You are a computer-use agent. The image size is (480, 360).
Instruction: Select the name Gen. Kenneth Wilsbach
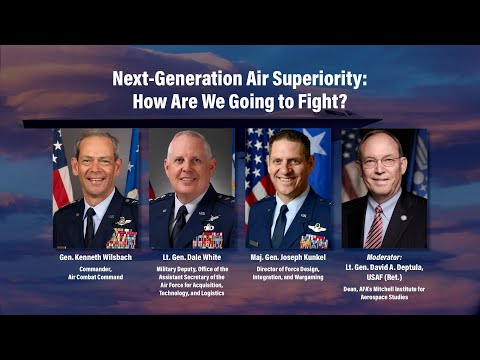(x=96, y=258)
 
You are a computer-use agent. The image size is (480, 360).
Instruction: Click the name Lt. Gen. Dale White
(x=193, y=258)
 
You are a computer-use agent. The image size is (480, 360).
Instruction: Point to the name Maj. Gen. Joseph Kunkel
(x=290, y=258)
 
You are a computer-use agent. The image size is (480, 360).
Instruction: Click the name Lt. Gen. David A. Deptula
(x=384, y=268)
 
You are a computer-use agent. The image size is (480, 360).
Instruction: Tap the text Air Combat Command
(x=96, y=278)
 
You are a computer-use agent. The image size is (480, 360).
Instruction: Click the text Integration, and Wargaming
(x=290, y=278)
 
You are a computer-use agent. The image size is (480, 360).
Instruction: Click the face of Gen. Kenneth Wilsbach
(x=97, y=163)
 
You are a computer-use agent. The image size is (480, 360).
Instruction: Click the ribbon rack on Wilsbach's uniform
(x=121, y=238)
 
